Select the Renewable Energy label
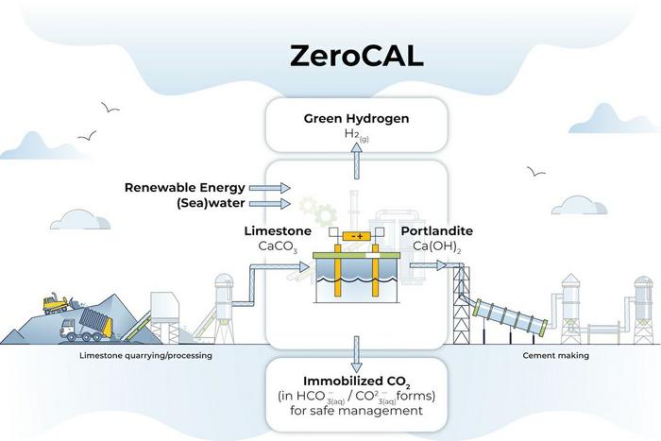pyautogui.click(x=184, y=187)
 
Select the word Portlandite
pyautogui.click(x=438, y=231)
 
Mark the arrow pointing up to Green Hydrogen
pyautogui.click(x=356, y=164)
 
